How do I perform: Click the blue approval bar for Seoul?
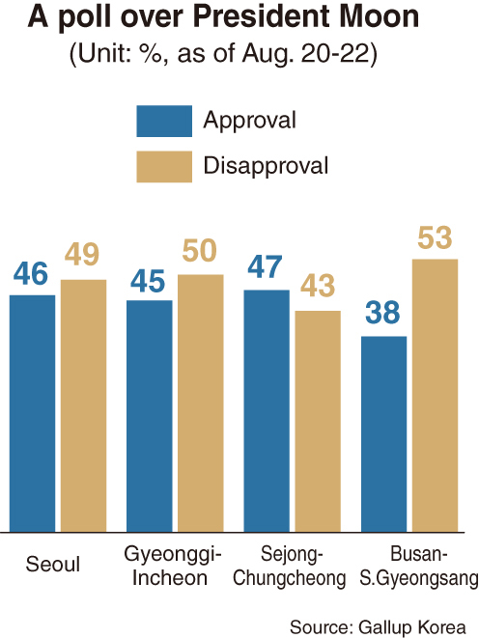pyautogui.click(x=32, y=413)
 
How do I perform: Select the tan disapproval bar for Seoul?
pyautogui.click(x=83, y=405)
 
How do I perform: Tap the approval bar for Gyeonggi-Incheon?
pyautogui.click(x=150, y=416)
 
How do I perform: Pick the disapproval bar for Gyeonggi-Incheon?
pyautogui.click(x=201, y=403)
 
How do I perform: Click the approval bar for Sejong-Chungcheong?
pyautogui.click(x=267, y=411)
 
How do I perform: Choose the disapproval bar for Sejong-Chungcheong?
pyautogui.click(x=318, y=421)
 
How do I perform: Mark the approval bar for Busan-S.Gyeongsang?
pyautogui.click(x=383, y=434)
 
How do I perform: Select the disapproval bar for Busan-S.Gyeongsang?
pyautogui.click(x=435, y=396)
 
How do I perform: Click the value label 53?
pyautogui.click(x=435, y=237)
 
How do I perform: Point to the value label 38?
pyautogui.click(x=382, y=313)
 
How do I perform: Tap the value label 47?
pyautogui.click(x=265, y=267)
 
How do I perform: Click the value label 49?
pyautogui.click(x=82, y=254)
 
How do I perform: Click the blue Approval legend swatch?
pyautogui.click(x=164, y=122)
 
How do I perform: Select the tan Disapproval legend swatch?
pyautogui.click(x=164, y=167)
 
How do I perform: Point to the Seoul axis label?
pyautogui.click(x=53, y=565)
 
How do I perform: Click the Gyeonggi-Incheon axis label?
pyautogui.click(x=172, y=566)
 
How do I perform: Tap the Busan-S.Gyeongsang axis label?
pyautogui.click(x=419, y=566)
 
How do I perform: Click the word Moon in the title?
pyautogui.click(x=379, y=16)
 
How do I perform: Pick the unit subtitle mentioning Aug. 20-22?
pyautogui.click(x=223, y=53)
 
